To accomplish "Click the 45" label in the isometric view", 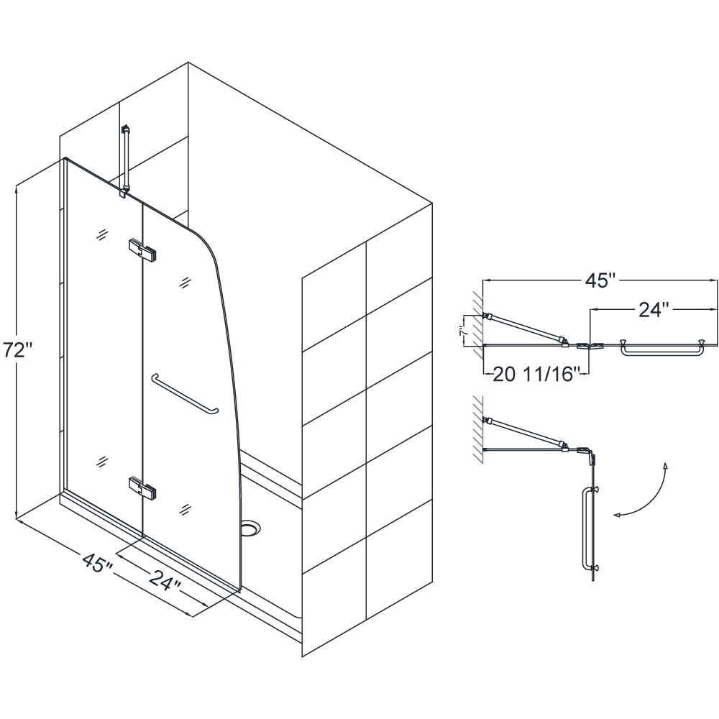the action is [x=98, y=562].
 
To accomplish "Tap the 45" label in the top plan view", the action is [x=600, y=280].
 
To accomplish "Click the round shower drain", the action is [x=250, y=528].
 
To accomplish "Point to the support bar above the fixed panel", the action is [x=124, y=160].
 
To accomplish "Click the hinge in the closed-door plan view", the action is [x=590, y=345].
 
